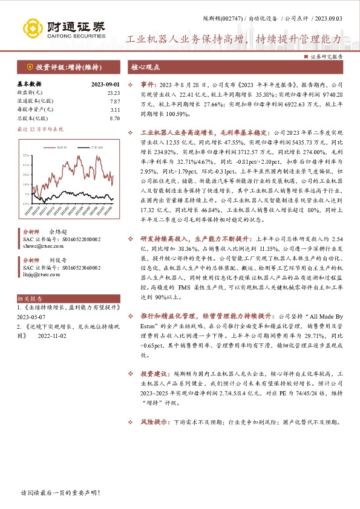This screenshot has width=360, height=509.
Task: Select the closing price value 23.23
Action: (113, 92)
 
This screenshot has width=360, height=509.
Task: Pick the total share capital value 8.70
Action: (114, 118)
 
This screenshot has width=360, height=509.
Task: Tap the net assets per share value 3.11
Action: (114, 110)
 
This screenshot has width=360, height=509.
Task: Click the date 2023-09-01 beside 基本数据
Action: (105, 84)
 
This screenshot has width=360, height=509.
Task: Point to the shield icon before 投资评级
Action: (29, 66)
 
